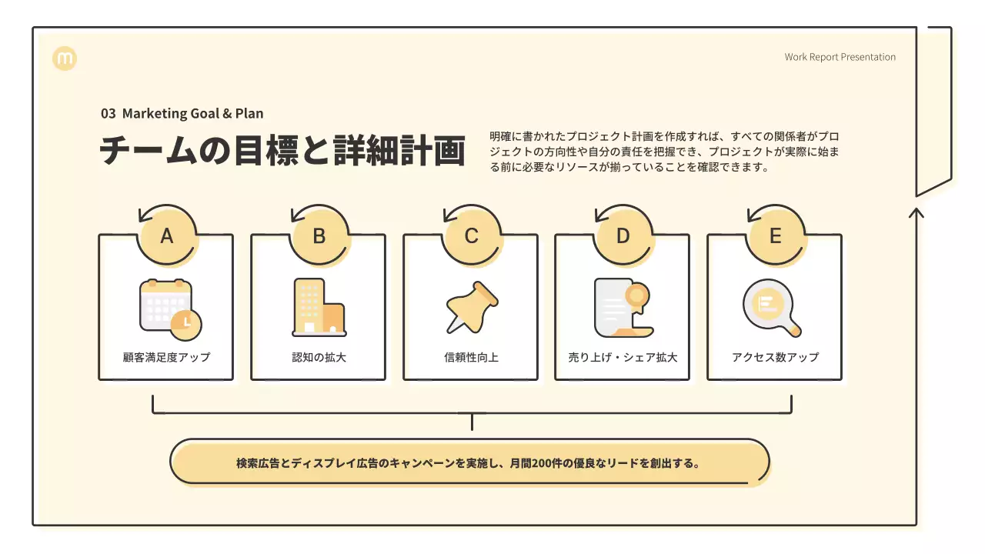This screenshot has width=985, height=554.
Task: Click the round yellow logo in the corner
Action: pos(65,58)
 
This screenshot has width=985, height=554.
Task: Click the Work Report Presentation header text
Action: pos(840,57)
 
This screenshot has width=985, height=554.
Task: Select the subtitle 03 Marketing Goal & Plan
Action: pos(182,113)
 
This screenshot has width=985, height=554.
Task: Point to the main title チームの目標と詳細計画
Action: pos(282,151)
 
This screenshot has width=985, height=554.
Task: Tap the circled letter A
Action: pos(166,236)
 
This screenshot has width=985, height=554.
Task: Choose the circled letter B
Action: pos(319,236)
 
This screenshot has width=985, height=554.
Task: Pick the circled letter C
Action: pos(471,236)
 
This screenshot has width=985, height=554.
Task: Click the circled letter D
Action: pos(623,236)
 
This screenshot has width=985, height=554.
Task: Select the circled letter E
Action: pos(775,236)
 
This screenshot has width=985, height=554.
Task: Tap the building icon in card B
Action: pos(319,308)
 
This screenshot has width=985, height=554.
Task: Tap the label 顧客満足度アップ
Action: pos(166,357)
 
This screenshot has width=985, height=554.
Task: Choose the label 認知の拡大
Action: pos(319,357)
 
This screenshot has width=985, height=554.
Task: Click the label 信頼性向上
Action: pos(471,357)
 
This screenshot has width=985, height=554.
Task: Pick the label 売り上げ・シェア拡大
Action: pos(623,357)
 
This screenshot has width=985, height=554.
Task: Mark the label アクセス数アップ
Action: pos(775,357)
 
